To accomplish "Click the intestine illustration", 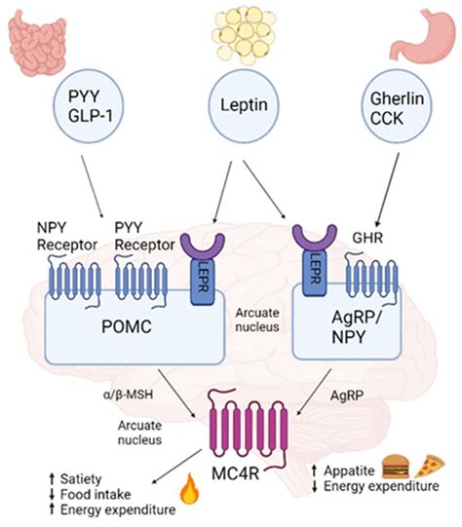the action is (37, 43).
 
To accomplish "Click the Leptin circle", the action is (244, 105).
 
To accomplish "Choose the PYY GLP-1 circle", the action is (89, 106).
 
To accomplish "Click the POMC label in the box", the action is (127, 326).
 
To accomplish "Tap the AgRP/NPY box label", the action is (357, 327).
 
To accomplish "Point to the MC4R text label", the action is (235, 473).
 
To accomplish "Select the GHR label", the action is (367, 238).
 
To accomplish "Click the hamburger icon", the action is (396, 467).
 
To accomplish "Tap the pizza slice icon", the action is (430, 467).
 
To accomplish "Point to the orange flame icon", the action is (190, 489).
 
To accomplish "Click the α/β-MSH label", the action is (128, 395).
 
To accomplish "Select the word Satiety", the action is (81, 479).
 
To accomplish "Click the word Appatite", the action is (349, 471).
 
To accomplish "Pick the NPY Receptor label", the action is (67, 237).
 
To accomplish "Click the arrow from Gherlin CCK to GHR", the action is (388, 190).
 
